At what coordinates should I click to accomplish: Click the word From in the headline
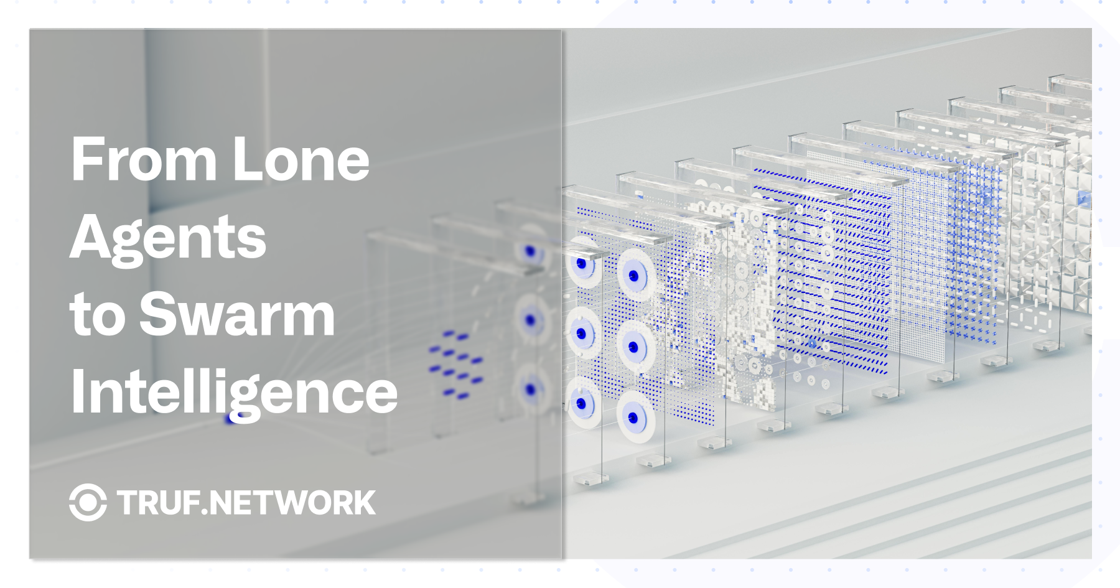coord(144,159)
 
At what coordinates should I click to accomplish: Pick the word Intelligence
coord(234,393)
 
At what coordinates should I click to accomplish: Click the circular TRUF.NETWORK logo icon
coord(88,502)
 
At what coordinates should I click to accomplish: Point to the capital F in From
coord(86,159)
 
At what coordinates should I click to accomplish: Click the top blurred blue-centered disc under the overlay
coord(530,251)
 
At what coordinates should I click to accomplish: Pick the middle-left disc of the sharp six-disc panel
coord(583,334)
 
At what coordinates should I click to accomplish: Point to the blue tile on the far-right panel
coord(1084,199)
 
